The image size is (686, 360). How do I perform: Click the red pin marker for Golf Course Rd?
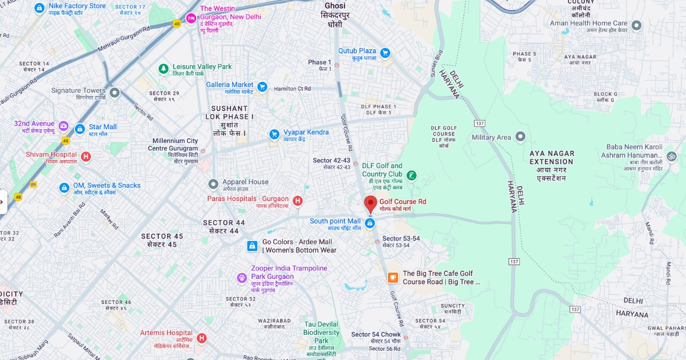pos(370,203)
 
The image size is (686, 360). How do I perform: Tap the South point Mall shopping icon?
pos(370,223)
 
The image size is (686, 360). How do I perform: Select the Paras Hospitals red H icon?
pos(297,201)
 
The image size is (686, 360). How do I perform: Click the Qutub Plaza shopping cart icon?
pos(385,53)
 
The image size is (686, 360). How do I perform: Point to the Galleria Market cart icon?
pos(262,87)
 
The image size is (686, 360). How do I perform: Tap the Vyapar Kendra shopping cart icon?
pos(274,134)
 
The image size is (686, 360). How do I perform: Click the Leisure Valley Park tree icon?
pos(164,69)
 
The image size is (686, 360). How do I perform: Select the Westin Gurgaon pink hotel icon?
pos(191,18)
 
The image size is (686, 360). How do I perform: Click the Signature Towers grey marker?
pos(114,92)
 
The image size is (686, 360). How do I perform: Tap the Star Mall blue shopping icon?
pos(80,129)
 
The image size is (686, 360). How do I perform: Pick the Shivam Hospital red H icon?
pos(86,157)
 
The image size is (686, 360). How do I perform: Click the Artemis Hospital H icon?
pos(201,338)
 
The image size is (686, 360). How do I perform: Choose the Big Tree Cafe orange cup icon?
pos(393,278)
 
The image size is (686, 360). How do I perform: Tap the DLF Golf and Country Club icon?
pos(411,175)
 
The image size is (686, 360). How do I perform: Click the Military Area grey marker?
pos(520,137)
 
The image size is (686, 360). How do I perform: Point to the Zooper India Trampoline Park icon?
pos(242,278)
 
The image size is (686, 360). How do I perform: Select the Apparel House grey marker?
pos(213,184)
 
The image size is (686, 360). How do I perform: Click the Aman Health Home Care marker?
pos(636,25)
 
